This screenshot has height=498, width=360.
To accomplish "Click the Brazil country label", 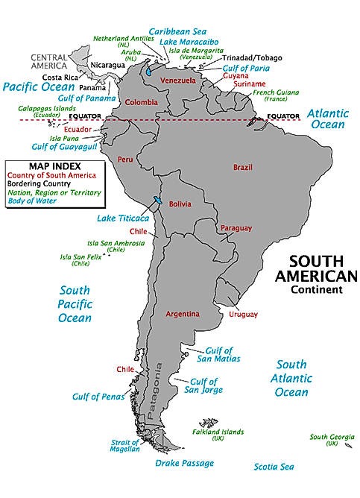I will click(244, 168).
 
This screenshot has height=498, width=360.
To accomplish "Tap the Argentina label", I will click(182, 314).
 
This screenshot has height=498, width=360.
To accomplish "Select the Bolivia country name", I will click(179, 204).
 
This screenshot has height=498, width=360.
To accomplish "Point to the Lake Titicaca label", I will click(123, 218).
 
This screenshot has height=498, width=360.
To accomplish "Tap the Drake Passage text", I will click(184, 463).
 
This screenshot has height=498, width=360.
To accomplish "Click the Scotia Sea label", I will click(274, 467).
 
